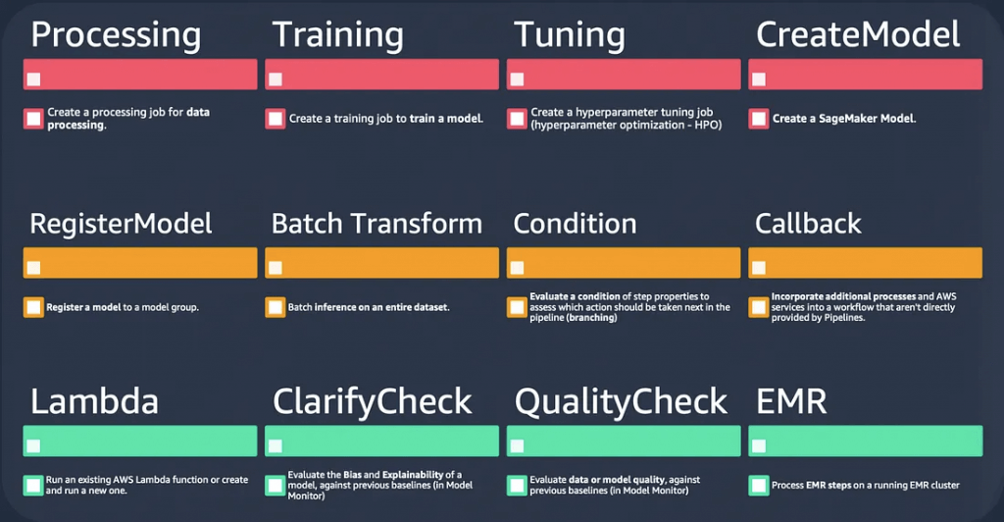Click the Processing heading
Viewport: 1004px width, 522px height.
coord(116,36)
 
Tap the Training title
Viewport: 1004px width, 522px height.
coord(338,36)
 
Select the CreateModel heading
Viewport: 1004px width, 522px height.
coord(858,34)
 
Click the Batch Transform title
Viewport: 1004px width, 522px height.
coord(376,224)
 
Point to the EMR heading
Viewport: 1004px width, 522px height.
coord(791,401)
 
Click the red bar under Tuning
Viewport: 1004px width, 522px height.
coord(624,75)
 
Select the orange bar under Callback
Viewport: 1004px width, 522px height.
coord(865,263)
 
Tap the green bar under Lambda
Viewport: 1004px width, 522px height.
coord(140,441)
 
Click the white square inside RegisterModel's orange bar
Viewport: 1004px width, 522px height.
coord(34,267)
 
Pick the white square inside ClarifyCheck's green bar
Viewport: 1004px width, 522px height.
coord(276,445)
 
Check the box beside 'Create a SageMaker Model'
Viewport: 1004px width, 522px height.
coord(759,119)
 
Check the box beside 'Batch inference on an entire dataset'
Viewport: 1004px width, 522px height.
coord(276,307)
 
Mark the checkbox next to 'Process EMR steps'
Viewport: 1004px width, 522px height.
coord(759,486)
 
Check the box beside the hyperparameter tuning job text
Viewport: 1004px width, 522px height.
coord(517,119)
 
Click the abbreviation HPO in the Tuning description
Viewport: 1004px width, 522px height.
coord(706,125)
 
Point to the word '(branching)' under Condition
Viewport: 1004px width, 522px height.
coord(591,318)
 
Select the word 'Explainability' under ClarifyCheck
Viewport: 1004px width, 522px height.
coord(413,475)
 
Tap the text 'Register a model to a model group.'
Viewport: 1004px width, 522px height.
coord(123,307)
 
